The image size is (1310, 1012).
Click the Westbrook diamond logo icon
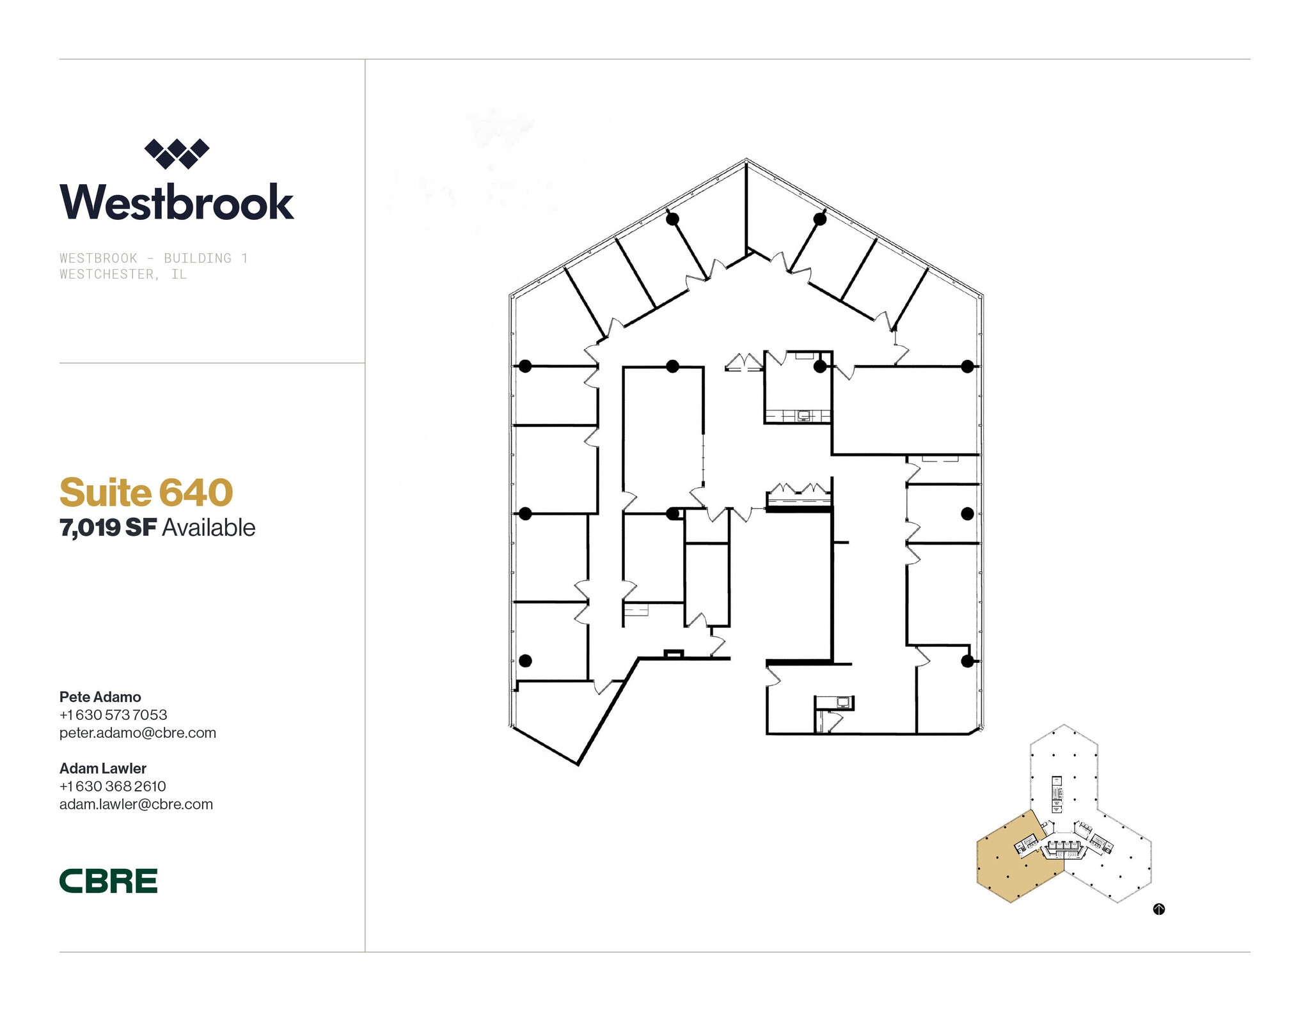tap(177, 153)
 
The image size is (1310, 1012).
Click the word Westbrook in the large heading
tap(177, 202)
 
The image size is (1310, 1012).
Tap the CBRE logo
tap(108, 880)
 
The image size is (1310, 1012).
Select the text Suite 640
tap(146, 492)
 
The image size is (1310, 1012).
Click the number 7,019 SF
tap(107, 528)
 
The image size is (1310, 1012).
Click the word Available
tap(209, 528)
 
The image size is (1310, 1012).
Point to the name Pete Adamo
tap(100, 697)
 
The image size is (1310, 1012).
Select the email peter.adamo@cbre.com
tap(138, 733)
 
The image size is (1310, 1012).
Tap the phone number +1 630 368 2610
tap(113, 786)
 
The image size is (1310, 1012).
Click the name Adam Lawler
tap(102, 768)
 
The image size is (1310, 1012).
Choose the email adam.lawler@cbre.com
tap(136, 804)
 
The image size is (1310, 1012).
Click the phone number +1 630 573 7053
tap(113, 715)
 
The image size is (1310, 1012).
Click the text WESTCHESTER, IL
tap(123, 274)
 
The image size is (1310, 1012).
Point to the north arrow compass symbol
tap(1158, 909)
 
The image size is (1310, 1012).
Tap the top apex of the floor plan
tap(746, 160)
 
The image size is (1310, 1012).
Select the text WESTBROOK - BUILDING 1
tap(154, 258)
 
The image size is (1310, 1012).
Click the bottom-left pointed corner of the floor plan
tap(578, 763)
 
